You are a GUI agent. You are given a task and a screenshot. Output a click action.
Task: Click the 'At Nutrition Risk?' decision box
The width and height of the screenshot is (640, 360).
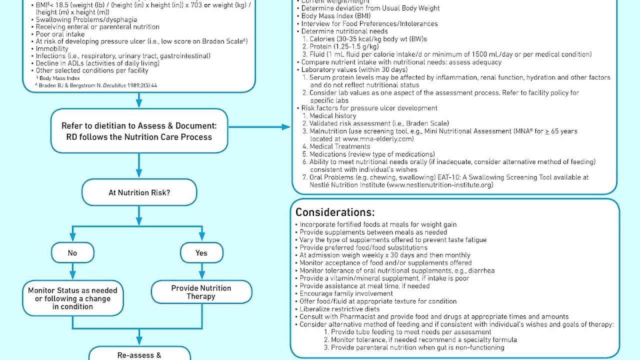[x=139, y=192]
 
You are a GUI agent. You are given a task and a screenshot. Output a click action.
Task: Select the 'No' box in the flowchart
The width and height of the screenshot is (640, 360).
[x=72, y=253]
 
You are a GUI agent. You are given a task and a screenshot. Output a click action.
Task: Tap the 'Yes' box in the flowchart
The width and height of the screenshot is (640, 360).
[x=201, y=253]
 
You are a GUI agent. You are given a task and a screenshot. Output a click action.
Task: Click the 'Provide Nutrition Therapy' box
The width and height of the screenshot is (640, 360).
[x=201, y=292]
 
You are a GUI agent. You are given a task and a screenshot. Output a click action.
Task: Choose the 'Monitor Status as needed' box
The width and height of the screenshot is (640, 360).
[x=72, y=298]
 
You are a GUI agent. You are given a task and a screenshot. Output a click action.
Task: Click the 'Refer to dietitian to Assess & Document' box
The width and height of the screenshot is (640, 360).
[x=139, y=131]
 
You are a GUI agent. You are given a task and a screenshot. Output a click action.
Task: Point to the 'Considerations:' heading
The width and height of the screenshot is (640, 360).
[x=334, y=212]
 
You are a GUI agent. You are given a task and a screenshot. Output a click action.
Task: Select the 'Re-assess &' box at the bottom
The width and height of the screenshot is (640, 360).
[x=139, y=355]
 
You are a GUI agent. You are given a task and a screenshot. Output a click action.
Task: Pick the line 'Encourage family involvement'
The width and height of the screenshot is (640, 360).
[x=346, y=293]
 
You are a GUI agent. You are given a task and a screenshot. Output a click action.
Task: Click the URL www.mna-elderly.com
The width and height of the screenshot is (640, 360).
[x=378, y=139]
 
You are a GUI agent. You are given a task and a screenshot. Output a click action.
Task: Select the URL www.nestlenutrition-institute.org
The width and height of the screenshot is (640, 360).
[x=440, y=185]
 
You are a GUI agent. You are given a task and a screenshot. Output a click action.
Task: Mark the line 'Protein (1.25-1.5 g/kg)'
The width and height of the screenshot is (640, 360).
[x=339, y=46]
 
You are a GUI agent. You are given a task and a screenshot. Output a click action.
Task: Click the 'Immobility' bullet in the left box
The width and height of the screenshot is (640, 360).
[x=52, y=49]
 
